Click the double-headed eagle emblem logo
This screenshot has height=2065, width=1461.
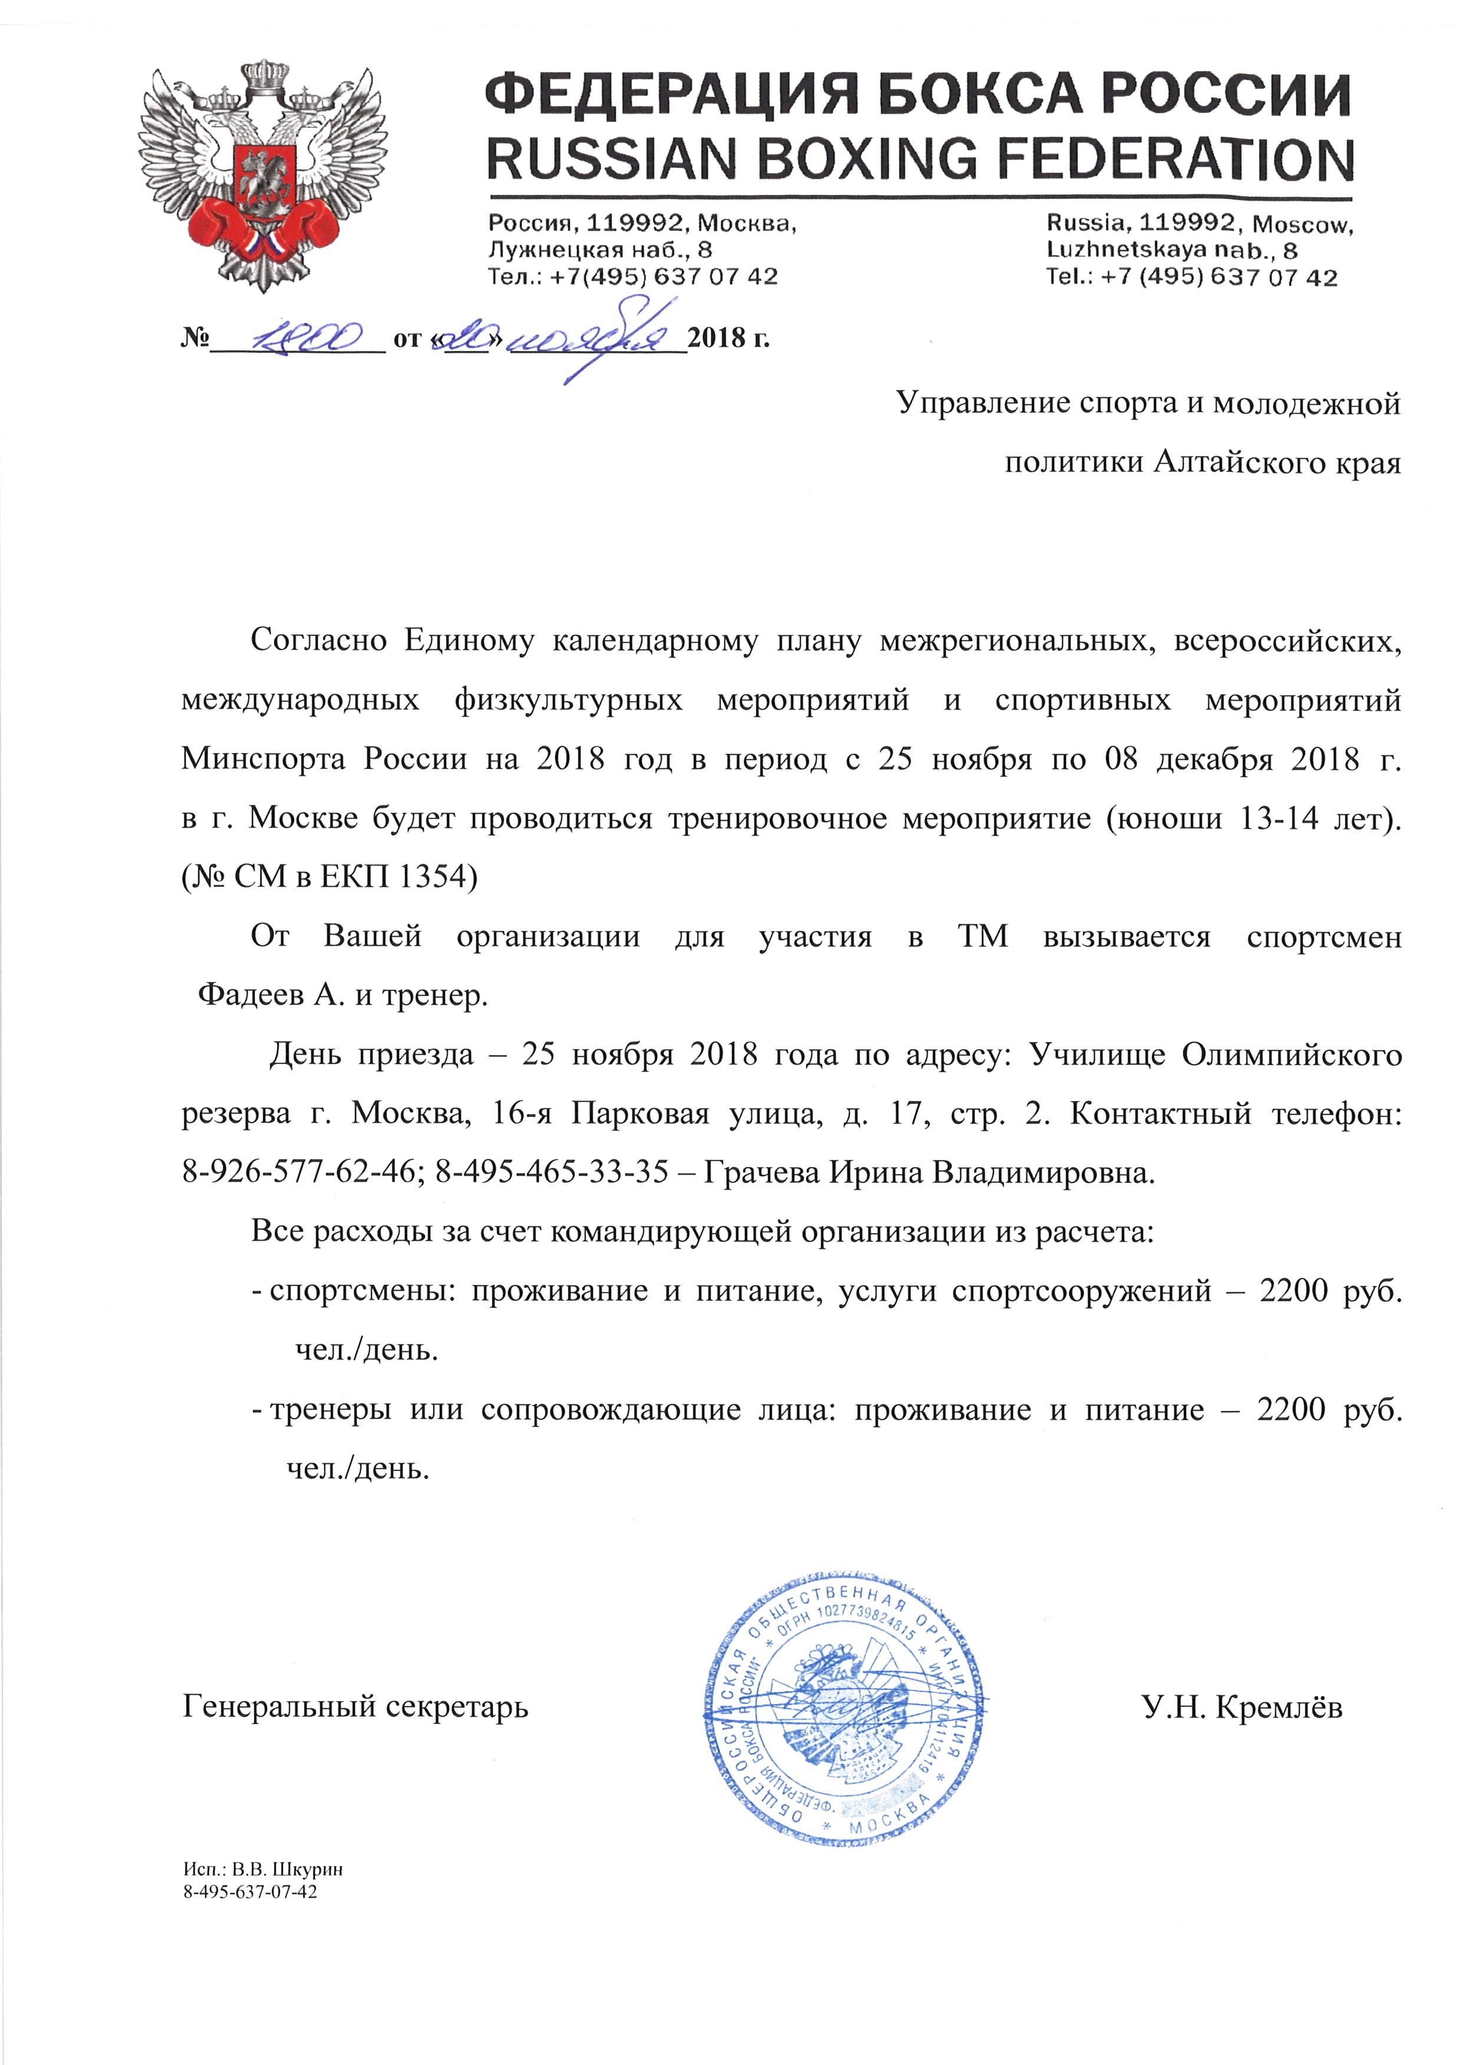[x=263, y=175]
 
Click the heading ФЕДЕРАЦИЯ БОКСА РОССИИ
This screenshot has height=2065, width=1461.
[x=918, y=94]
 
